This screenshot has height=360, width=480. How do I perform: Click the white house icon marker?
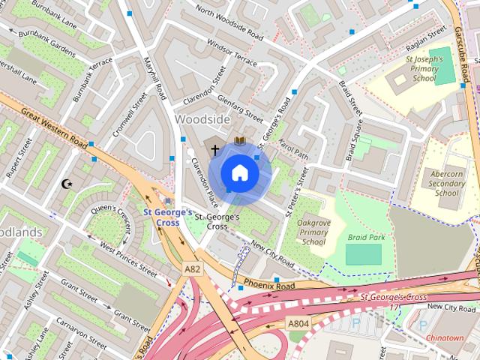pos(239,173)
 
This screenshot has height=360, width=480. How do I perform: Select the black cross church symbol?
pos(215,150)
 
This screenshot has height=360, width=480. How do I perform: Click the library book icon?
pos(239,141)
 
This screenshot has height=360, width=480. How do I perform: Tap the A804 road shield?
pos(299,324)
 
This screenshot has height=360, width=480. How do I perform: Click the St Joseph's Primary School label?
pos(424,68)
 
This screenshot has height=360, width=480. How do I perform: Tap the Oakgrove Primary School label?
pos(313,232)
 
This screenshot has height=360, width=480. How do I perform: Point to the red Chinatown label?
pos(445,338)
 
